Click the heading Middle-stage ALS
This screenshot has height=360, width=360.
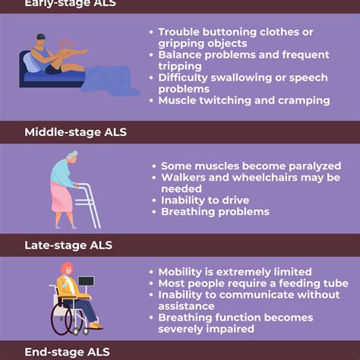(86, 132)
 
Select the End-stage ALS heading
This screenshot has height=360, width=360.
(77, 352)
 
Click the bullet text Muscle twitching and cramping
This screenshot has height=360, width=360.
(244, 100)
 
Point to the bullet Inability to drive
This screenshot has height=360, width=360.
(205, 200)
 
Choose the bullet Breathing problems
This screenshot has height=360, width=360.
(215, 212)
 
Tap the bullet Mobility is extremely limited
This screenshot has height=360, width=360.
(235, 272)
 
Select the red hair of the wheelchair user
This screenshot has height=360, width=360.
(67, 269)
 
